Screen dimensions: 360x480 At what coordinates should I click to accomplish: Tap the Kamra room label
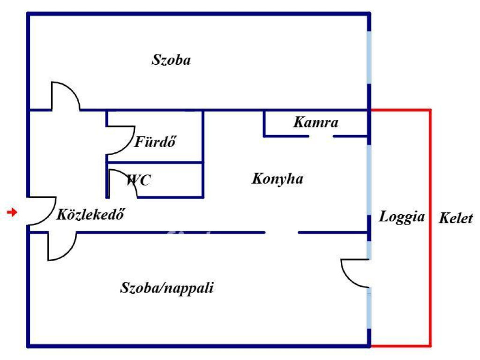point(315,123)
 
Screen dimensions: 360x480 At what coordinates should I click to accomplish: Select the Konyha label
point(277,179)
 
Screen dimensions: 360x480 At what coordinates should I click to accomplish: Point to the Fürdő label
point(155,142)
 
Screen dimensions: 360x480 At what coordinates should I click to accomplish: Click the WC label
point(139,180)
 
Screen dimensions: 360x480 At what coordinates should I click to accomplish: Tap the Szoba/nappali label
point(167,288)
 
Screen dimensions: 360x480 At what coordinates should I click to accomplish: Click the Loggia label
point(402,217)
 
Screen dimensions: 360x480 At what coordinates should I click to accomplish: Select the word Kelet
point(456,218)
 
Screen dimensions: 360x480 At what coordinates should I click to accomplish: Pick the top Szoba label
point(172,60)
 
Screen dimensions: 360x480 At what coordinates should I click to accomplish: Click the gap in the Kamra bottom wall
point(321,136)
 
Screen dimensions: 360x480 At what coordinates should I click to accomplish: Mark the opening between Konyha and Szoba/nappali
point(282,232)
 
